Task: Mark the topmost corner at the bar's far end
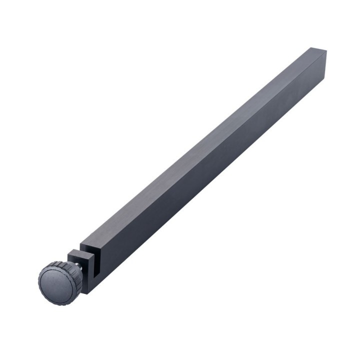tap(311, 47)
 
